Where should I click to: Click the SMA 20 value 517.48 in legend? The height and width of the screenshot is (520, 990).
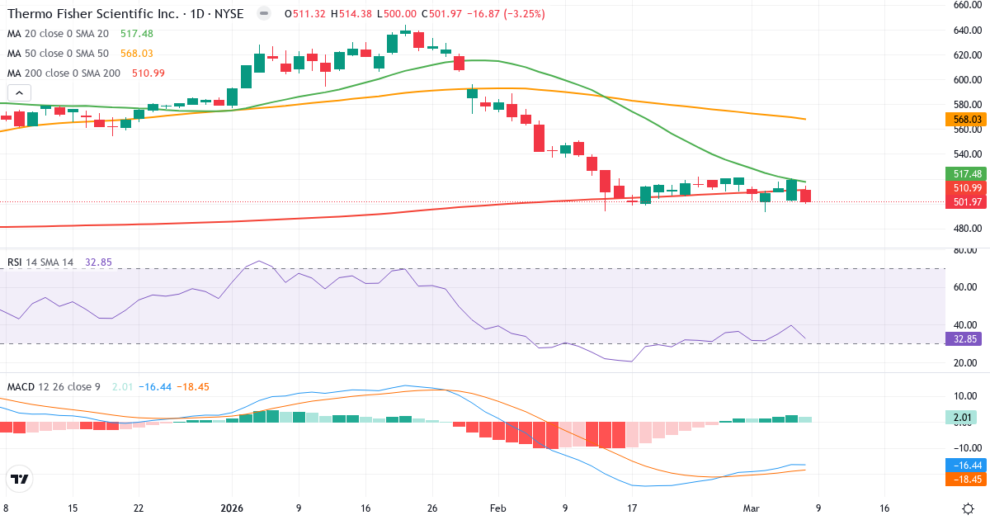(x=136, y=34)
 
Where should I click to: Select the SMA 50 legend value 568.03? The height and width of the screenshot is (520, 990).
(x=136, y=54)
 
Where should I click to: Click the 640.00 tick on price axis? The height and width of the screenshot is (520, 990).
(x=966, y=31)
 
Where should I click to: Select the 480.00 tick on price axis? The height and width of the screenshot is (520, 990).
(x=966, y=229)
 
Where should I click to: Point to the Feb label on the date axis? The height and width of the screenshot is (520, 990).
(x=497, y=508)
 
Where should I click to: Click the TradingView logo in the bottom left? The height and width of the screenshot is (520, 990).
(x=19, y=480)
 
